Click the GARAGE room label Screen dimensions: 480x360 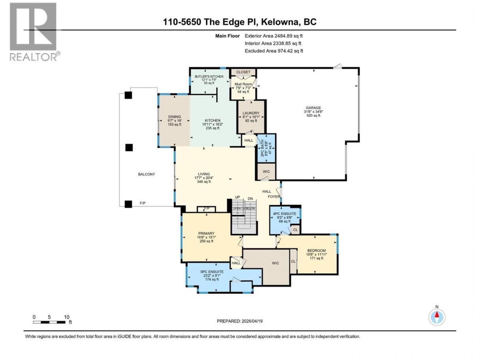pos(313,108)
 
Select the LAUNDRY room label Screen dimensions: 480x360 pos(251,113)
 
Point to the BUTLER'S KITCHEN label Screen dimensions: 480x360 pos(209,77)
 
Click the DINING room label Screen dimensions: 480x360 pos(174,117)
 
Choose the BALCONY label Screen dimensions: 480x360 pos(146,174)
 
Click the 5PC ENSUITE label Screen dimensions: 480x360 pos(212,272)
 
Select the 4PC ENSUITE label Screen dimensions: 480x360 pos(285,214)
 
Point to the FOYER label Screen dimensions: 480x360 pos(274,197)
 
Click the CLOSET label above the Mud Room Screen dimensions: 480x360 pos(243,72)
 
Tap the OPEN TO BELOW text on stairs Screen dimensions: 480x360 pos(244,208)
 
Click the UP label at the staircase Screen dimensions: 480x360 pos(237,197)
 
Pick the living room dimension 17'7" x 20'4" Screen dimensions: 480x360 pos(204,178)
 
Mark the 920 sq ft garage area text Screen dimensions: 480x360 pos(313,115)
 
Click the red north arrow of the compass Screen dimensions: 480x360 pos(437,315)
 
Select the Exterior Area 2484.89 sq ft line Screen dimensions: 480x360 pos(274,36)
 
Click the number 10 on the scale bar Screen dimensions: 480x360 pos(67,317)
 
